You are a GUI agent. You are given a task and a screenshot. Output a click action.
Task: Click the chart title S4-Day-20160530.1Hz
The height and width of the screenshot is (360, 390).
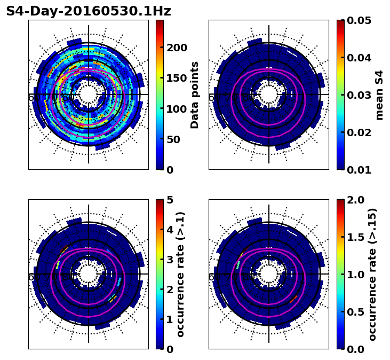(x=89, y=11)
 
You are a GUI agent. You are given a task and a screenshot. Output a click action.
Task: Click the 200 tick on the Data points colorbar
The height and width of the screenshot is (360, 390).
(x=177, y=48)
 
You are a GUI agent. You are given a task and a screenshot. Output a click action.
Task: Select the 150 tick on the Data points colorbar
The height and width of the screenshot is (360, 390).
(x=177, y=78)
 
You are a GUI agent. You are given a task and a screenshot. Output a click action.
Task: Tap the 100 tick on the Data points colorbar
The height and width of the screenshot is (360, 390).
(x=177, y=109)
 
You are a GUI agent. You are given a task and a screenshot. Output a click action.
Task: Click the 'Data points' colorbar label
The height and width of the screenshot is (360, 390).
(x=195, y=95)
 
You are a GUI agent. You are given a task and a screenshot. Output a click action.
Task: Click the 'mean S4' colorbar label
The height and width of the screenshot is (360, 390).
(x=379, y=95)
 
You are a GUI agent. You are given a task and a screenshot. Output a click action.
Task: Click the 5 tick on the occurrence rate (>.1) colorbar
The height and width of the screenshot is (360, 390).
(x=170, y=200)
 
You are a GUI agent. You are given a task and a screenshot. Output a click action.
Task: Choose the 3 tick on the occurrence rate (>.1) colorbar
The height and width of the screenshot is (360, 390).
(x=170, y=260)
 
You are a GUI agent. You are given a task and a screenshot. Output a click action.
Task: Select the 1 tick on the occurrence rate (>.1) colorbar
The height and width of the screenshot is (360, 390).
(x=170, y=319)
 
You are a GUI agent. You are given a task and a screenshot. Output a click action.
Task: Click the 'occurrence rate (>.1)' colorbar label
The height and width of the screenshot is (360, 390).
(x=180, y=274)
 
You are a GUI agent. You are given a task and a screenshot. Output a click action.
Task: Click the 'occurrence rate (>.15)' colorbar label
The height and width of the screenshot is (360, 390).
(x=372, y=274)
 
